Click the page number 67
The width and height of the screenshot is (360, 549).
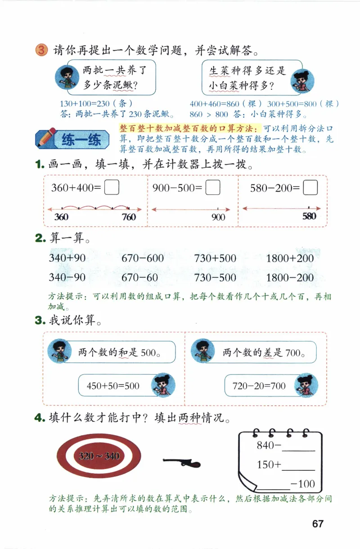coord(318,524)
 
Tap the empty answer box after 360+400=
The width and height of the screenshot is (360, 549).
coord(112,187)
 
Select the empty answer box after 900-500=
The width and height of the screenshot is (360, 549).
coord(212,187)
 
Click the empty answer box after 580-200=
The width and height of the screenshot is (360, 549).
coord(310,187)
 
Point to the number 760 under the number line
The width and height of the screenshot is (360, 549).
coord(128,217)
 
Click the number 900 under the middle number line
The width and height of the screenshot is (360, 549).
coord(218,217)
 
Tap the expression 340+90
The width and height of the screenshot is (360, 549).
coord(67,258)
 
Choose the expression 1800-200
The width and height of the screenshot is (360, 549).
coord(290,277)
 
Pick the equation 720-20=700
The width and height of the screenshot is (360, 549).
coord(259,385)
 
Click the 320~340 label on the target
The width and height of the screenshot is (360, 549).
coord(99,456)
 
